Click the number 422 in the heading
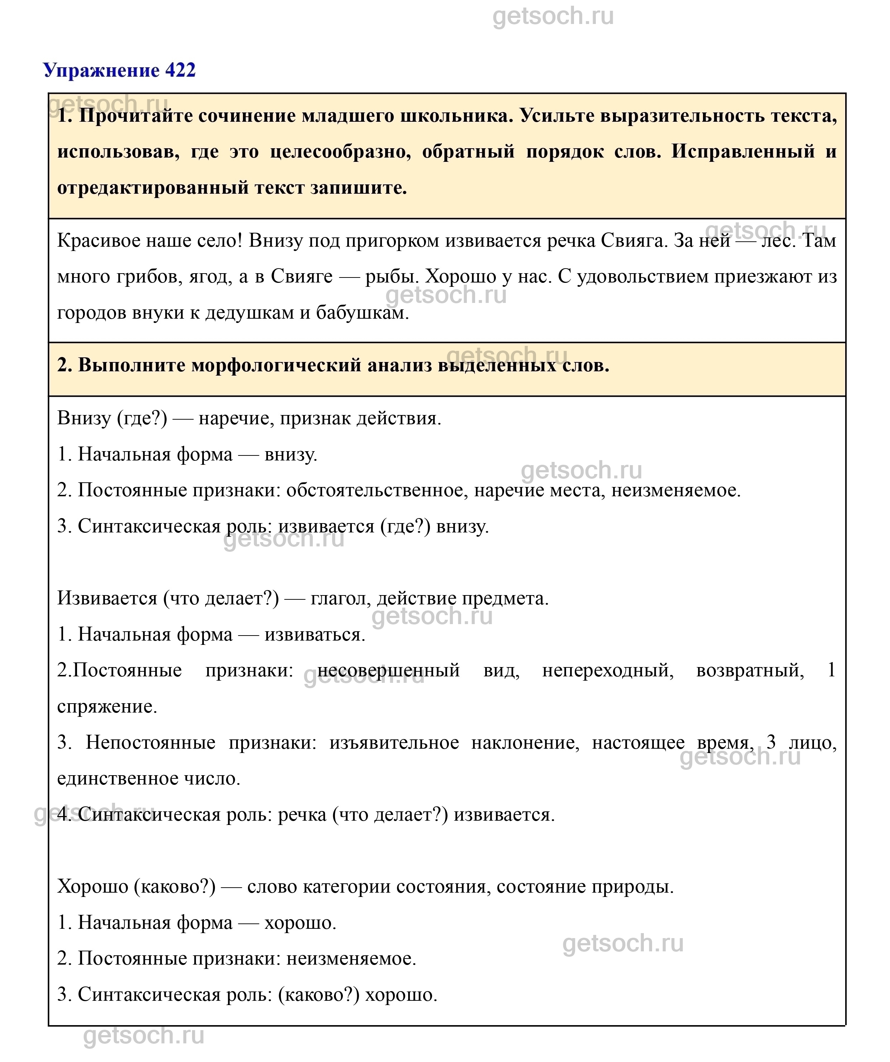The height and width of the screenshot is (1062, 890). (x=180, y=70)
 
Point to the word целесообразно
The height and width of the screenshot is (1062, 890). (x=340, y=152)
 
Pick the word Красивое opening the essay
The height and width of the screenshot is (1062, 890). (x=98, y=240)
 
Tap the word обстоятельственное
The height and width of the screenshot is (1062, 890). (x=374, y=490)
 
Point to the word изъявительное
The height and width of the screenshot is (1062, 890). (x=394, y=742)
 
